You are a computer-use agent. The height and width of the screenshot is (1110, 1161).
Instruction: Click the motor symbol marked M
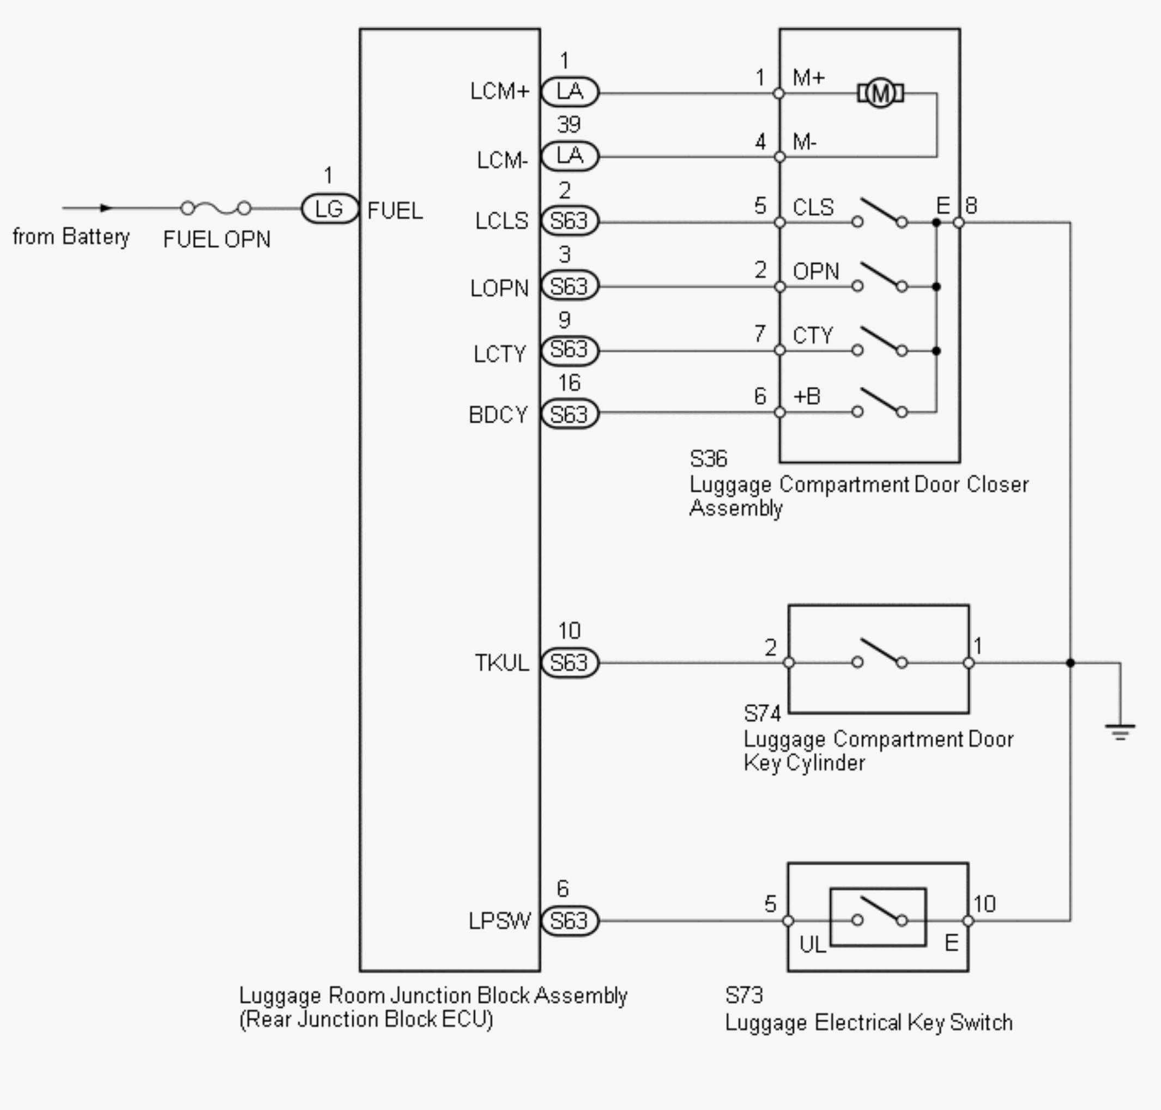[x=880, y=93]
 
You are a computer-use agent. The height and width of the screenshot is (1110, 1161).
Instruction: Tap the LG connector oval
[x=330, y=208]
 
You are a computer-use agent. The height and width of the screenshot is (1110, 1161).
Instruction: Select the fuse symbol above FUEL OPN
[x=216, y=208]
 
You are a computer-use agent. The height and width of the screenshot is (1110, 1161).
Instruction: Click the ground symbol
[x=1120, y=732]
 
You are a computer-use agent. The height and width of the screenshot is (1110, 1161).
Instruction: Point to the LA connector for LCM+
[x=570, y=92]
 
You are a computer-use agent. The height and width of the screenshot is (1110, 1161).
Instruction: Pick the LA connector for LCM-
[x=570, y=156]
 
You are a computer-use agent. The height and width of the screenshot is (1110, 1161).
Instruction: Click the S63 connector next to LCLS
[x=570, y=221]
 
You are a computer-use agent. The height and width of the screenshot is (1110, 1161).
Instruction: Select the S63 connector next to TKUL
[x=570, y=662]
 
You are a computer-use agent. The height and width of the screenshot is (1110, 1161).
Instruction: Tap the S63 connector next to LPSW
[x=570, y=921]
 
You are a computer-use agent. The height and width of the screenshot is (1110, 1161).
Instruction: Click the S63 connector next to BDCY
[x=570, y=414]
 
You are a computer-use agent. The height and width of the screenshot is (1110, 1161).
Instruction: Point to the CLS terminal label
[x=813, y=207]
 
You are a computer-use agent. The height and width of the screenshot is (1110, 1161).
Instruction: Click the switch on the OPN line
[x=879, y=277]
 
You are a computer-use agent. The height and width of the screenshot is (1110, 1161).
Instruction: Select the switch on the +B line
[x=879, y=403]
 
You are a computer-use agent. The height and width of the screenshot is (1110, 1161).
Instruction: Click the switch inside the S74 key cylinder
[x=879, y=654]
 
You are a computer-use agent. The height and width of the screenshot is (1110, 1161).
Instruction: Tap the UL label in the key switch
[x=813, y=945]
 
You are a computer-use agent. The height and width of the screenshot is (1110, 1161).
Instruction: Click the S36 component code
[x=708, y=459]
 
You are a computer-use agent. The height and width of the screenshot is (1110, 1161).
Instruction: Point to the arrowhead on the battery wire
[x=106, y=208]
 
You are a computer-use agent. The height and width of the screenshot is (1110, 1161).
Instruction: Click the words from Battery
[x=71, y=236]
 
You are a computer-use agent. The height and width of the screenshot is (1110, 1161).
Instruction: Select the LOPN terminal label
[x=499, y=289]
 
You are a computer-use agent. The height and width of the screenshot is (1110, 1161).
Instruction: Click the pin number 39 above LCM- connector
[x=569, y=124]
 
